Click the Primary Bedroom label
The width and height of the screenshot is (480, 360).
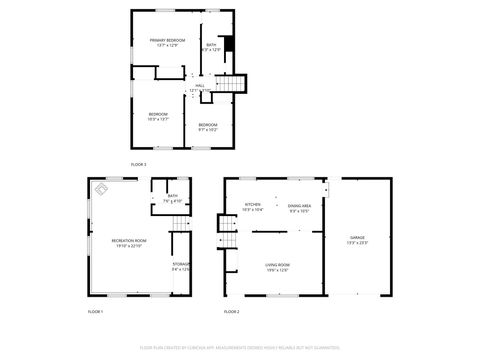[168, 42]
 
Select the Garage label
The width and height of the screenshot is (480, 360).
[357, 241]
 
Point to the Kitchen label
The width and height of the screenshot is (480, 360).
[252, 207]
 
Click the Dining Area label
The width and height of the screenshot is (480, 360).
[299, 207]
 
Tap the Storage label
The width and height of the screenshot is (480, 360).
[181, 266]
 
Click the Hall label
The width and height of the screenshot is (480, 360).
[199, 87]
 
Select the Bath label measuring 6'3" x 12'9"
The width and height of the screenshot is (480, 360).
[211, 47]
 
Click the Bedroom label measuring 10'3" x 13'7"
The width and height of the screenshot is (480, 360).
[158, 116]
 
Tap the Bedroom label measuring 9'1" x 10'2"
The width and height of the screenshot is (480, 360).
[208, 126]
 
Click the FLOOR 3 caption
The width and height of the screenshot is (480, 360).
[138, 163]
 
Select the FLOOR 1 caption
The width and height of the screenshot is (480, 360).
[95, 312]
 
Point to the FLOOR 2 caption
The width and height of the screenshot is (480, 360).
[231, 312]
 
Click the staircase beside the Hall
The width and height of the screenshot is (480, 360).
[232, 86]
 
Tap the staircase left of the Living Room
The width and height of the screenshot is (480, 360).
[229, 239]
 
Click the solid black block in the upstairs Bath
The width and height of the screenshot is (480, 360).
[229, 44]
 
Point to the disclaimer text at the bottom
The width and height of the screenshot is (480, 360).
[239, 348]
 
